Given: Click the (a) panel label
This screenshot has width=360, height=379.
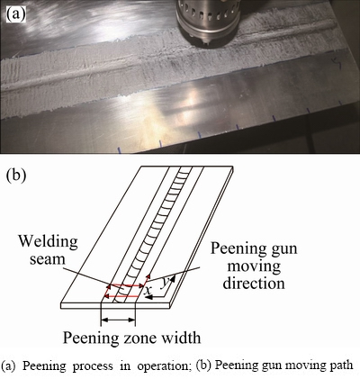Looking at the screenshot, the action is click(16, 14).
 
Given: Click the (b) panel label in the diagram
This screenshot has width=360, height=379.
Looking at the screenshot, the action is click(16, 175).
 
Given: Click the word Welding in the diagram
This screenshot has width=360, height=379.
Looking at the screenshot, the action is click(49, 242).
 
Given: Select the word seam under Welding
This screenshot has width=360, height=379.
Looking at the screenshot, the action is click(47, 259).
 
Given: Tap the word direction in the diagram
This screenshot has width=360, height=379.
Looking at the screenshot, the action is click(254, 283).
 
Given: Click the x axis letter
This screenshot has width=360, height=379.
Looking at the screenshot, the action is click(148, 290).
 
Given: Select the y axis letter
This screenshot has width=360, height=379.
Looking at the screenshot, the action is click(165, 283).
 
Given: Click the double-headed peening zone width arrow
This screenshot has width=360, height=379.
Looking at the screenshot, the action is click(118, 320).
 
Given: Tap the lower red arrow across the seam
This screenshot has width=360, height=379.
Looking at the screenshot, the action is click(121, 296).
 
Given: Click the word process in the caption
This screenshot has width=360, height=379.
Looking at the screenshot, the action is click(94, 366).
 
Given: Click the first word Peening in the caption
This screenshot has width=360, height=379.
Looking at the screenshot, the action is click(44, 366).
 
